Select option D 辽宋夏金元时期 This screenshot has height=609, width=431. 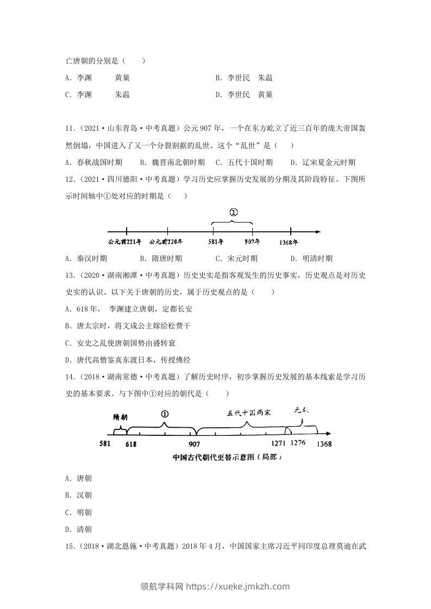[322, 162]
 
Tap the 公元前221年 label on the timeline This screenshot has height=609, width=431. [124, 242]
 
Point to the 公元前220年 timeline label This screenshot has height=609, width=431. [166, 242]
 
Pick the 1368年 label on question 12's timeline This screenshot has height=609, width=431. [291, 242]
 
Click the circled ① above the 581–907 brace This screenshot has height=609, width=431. [233, 213]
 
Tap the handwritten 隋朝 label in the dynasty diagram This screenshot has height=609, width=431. [120, 417]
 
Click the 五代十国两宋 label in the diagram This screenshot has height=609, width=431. [249, 413]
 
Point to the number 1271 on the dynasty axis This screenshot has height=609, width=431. [277, 444]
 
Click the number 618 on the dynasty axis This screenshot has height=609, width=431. [131, 444]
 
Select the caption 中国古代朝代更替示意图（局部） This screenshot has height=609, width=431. [228, 458]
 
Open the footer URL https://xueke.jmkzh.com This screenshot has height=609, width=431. [238, 586]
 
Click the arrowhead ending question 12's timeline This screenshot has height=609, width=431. [317, 231]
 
